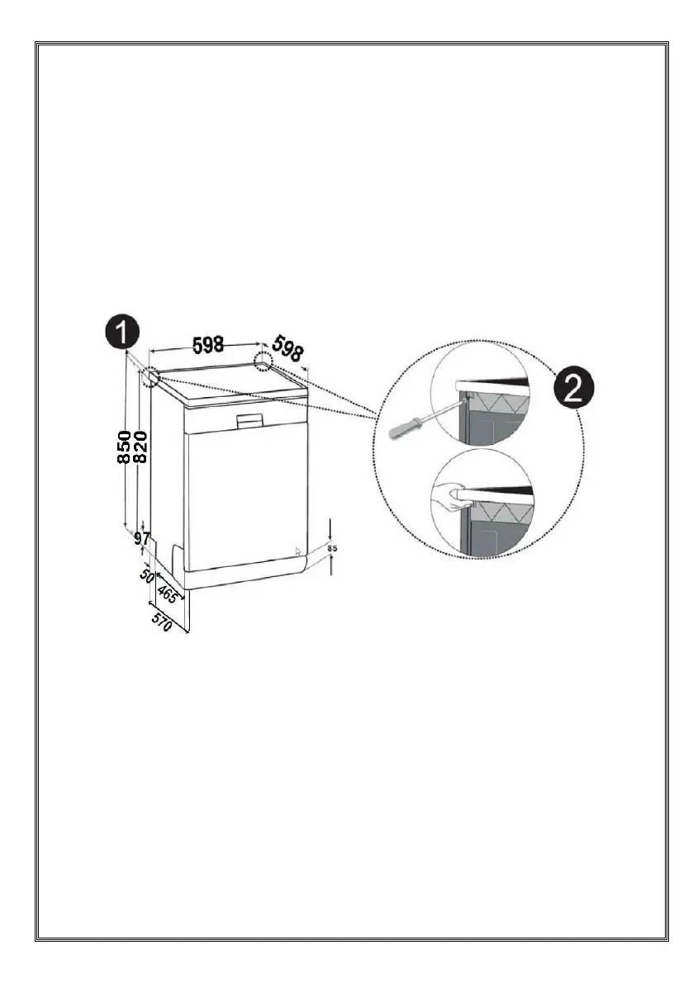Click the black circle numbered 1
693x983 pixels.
(121, 333)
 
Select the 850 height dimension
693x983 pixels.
(124, 447)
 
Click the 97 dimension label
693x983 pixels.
(142, 539)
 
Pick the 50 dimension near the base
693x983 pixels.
(148, 575)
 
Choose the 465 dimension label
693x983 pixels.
(169, 593)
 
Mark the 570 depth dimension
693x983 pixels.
(162, 621)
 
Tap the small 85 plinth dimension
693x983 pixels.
(332, 546)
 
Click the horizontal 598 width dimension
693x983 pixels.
(208, 346)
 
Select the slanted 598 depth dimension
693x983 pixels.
(288, 347)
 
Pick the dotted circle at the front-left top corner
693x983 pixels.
(151, 377)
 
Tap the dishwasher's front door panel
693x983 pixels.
(240, 495)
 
